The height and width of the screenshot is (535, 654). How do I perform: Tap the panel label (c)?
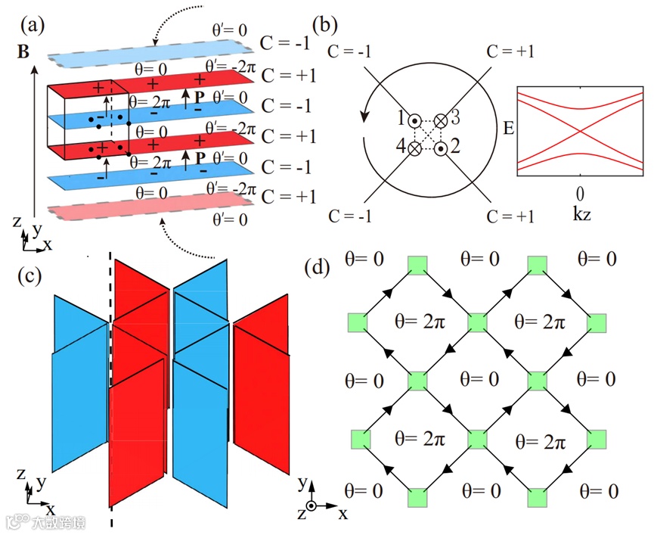point(34,277)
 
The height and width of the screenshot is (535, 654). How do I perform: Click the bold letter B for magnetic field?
point(23,53)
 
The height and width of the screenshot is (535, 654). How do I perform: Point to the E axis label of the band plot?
point(508,129)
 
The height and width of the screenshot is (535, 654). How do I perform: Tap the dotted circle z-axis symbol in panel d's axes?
point(311,506)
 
